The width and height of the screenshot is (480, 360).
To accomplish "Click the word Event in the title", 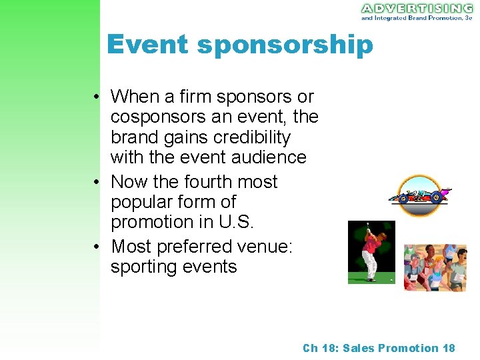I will click(x=147, y=45).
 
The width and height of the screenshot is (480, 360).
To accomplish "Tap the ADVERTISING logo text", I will click(x=417, y=8).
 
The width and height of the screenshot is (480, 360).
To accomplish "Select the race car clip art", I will click(x=420, y=196).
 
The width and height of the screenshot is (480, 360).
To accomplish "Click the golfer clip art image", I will click(x=371, y=253).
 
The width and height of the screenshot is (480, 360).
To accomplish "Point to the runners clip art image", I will click(x=435, y=267).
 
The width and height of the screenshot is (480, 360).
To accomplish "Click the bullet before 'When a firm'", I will click(x=97, y=97).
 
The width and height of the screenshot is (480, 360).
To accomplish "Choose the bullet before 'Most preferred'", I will click(x=97, y=247).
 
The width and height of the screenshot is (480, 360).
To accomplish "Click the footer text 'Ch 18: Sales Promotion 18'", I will click(x=379, y=348).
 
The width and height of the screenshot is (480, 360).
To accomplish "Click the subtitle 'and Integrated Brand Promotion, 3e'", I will click(x=417, y=18).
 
